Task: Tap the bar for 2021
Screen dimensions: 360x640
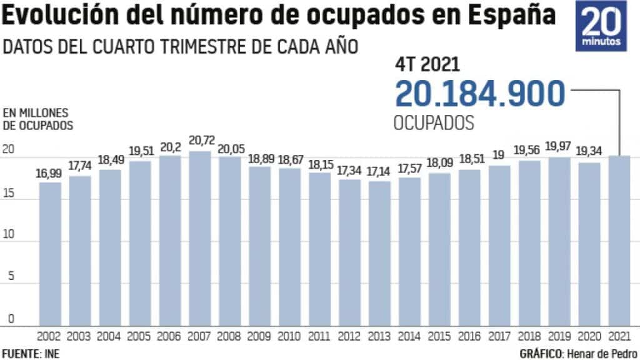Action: pos(619,241)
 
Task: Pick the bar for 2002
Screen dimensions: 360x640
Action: pos(49,254)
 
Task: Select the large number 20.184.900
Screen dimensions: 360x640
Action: pos(480,94)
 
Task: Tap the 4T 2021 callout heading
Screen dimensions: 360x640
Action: pos(427,64)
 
